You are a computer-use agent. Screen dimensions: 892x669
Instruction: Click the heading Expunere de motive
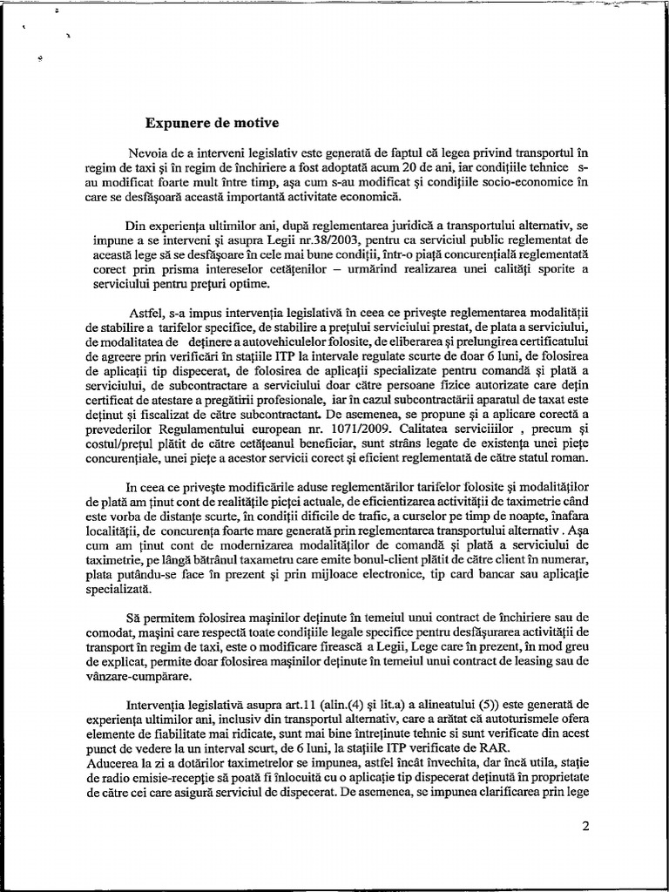pyautogui.click(x=212, y=122)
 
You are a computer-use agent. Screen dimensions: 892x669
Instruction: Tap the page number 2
pyautogui.click(x=585, y=827)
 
